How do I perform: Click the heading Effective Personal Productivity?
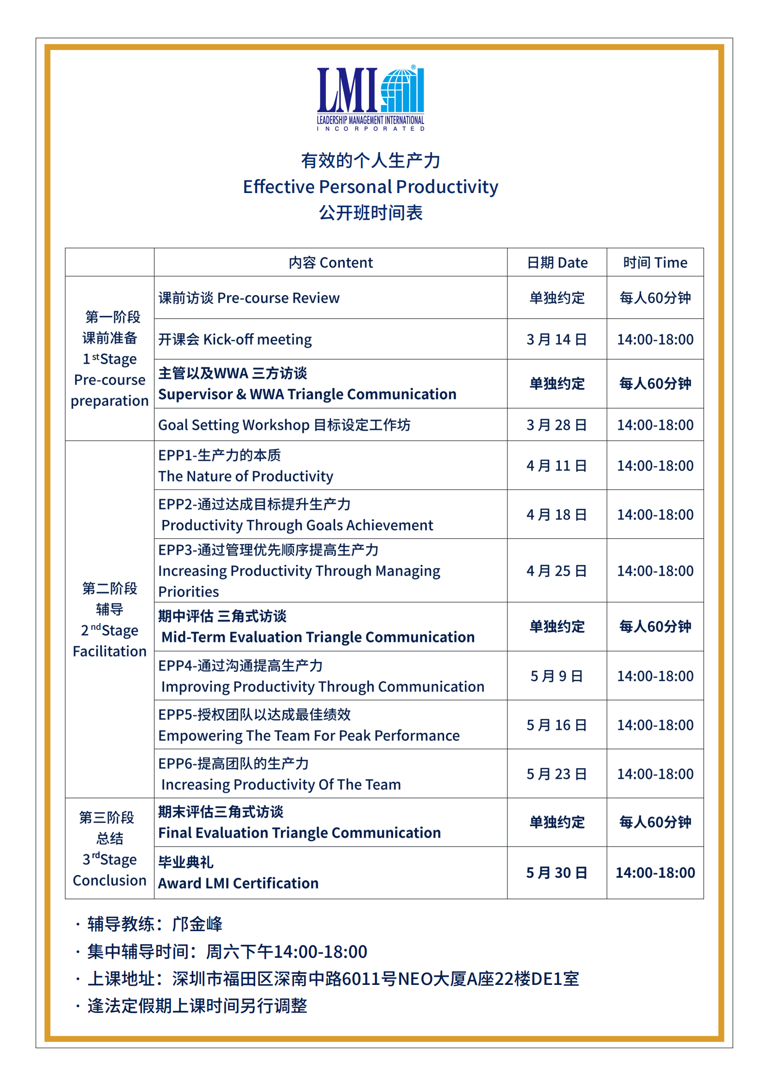[x=370, y=187]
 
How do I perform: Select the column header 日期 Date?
[x=557, y=263]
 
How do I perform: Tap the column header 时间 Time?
[x=655, y=263]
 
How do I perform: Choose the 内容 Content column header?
[x=331, y=263]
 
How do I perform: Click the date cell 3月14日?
[x=557, y=340]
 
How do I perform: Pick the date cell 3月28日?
[x=557, y=425]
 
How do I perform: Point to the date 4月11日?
[x=557, y=466]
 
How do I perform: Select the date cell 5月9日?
[x=557, y=676]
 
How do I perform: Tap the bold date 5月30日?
[x=557, y=873]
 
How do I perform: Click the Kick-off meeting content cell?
[x=235, y=340]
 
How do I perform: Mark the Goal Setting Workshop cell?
[x=284, y=425]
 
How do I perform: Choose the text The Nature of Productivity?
[x=246, y=476]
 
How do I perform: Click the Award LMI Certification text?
[x=238, y=883]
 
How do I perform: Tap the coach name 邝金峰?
[x=198, y=924]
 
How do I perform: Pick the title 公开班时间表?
[x=370, y=213]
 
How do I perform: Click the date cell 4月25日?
[x=557, y=571]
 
